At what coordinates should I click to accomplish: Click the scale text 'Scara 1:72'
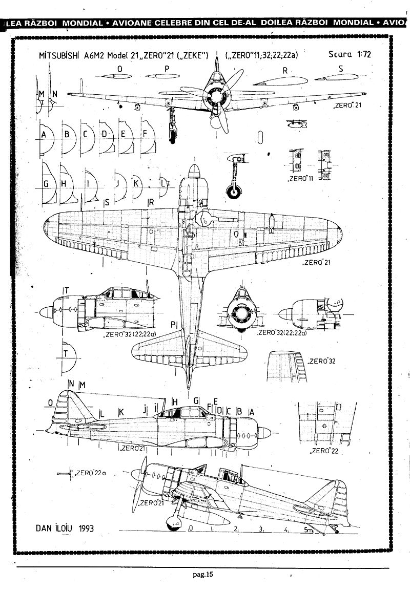(350, 55)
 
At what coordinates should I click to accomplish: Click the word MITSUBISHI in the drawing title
(60, 56)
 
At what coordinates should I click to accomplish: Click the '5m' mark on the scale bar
(308, 530)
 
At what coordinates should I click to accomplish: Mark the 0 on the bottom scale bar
(191, 527)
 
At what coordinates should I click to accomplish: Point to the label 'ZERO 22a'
(90, 473)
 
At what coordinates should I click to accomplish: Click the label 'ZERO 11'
(301, 180)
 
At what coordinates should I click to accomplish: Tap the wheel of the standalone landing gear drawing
(235, 192)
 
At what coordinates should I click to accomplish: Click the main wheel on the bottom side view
(174, 521)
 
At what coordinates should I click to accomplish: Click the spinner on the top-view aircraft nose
(194, 170)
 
